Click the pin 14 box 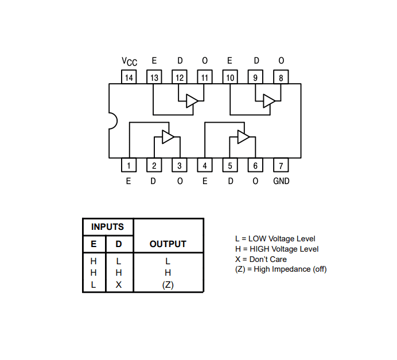coord(129,77)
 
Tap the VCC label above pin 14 coord(129,61)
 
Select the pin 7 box coord(281,166)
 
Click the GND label coord(281,181)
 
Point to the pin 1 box coord(129,166)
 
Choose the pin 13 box coord(154,77)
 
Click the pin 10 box coord(230,77)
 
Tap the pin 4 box coord(205,166)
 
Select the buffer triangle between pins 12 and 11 coord(192,101)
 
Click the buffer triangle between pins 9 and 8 coord(268,101)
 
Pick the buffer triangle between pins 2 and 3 coord(167,137)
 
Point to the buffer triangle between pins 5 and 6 coord(243,137)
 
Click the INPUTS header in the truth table coord(108,227)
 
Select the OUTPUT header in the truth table coord(168,244)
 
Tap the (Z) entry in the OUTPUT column coord(168,284)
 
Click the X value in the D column coord(119,284)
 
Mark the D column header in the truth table coord(119,244)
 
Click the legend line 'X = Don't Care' coord(261,259)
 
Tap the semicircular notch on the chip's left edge coord(112,121)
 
